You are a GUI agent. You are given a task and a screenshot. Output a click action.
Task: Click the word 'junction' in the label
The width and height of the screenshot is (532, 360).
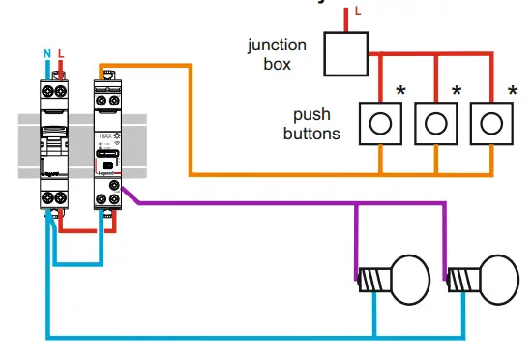(278, 44)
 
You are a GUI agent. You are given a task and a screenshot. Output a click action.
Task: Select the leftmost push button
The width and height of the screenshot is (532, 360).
(382, 123)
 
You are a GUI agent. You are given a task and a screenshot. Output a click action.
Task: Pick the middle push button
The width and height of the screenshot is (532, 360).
(437, 123)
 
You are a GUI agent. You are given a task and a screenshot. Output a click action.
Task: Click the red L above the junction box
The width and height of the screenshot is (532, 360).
(358, 11)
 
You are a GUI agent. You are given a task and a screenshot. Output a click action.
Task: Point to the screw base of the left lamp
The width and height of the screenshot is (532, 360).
(369, 280)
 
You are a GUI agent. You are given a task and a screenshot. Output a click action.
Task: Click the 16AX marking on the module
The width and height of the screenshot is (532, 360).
(104, 139)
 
